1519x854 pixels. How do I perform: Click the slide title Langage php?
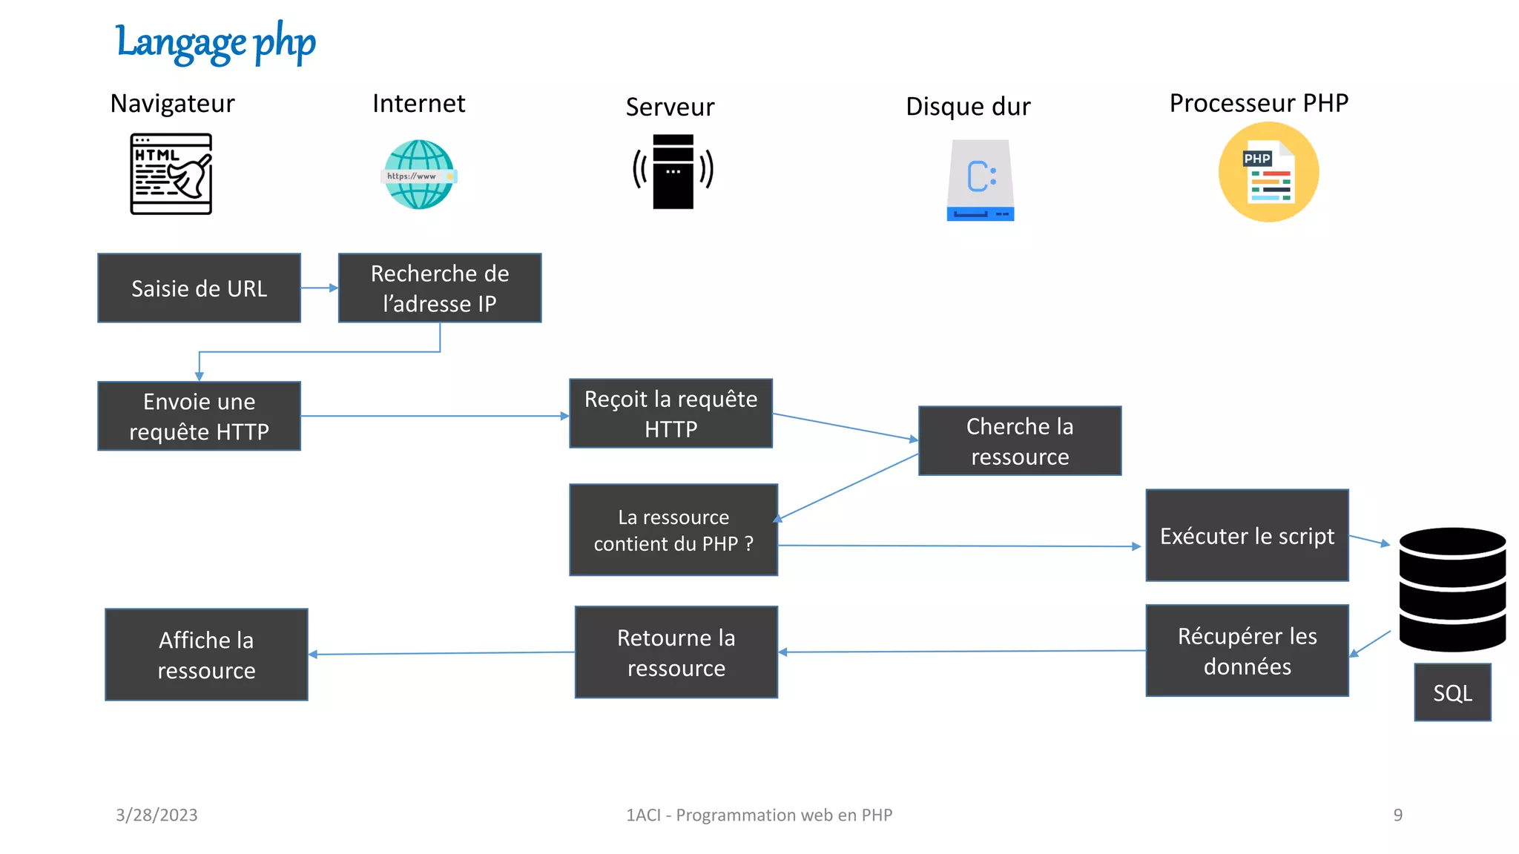(x=215, y=42)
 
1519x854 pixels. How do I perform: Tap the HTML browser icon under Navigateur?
(x=171, y=174)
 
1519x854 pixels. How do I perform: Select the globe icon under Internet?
(x=419, y=175)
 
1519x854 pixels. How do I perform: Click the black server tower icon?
(x=673, y=171)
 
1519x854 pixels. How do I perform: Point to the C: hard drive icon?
(x=980, y=180)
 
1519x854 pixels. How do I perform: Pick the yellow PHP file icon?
(x=1268, y=172)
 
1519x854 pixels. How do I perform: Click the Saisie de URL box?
(x=199, y=288)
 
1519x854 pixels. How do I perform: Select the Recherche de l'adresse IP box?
(x=440, y=288)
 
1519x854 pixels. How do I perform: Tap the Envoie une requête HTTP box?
(x=199, y=416)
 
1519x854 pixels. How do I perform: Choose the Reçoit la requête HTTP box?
(x=670, y=414)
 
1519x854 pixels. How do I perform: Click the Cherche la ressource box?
(x=1020, y=441)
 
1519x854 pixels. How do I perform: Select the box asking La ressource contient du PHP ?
(x=673, y=530)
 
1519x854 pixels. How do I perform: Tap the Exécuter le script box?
(x=1247, y=535)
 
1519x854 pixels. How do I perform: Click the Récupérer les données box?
(x=1247, y=651)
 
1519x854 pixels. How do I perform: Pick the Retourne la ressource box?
(x=676, y=652)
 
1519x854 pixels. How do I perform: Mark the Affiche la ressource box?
(x=206, y=655)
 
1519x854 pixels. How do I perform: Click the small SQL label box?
(x=1452, y=692)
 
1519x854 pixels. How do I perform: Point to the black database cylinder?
(x=1452, y=589)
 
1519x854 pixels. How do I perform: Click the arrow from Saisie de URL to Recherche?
(x=320, y=288)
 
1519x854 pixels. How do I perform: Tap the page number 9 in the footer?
(x=1397, y=815)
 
